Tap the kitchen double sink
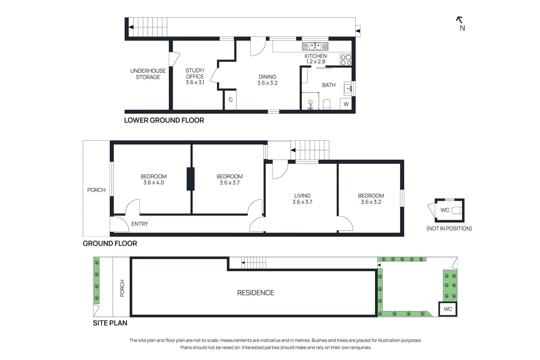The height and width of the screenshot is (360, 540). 315,46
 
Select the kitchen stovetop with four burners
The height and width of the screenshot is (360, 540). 346,60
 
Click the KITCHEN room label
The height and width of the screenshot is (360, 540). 316,56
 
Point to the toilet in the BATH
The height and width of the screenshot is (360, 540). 326,104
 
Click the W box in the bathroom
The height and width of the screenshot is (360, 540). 346,104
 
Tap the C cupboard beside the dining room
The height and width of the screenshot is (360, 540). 231,100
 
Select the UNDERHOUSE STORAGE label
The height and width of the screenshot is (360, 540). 148,74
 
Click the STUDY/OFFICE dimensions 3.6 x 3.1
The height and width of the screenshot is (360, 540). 195,82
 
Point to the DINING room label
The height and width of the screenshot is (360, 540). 267,77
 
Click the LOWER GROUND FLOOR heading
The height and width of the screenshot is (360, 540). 164,120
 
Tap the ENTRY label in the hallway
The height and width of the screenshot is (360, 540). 140,224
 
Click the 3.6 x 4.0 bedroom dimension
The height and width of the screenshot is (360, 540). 154,183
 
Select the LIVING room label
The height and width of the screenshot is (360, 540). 302,196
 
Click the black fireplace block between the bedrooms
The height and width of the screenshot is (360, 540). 190,179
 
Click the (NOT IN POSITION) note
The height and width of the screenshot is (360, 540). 449,228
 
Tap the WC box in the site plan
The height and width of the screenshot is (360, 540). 448,309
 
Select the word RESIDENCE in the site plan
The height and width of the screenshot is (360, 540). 255,293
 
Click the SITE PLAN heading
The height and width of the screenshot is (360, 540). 110,323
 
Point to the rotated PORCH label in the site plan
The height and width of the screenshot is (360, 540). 122,288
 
